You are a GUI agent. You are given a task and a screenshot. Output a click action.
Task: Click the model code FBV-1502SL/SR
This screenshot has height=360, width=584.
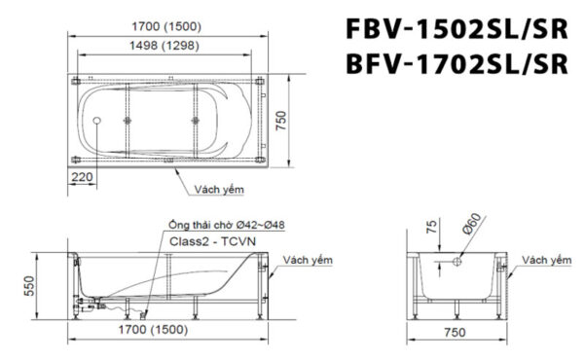pos(456,27)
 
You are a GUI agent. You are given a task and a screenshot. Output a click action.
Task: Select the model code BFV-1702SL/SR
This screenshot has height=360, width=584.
pos(456,63)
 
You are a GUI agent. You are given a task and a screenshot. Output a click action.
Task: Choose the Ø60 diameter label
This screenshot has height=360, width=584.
pos(469,228)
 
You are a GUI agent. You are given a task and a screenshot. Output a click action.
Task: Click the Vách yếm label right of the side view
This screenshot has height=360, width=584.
pos(307,260)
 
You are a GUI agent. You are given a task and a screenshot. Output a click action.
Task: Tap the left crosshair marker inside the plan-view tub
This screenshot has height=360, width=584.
pos(129,121)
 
